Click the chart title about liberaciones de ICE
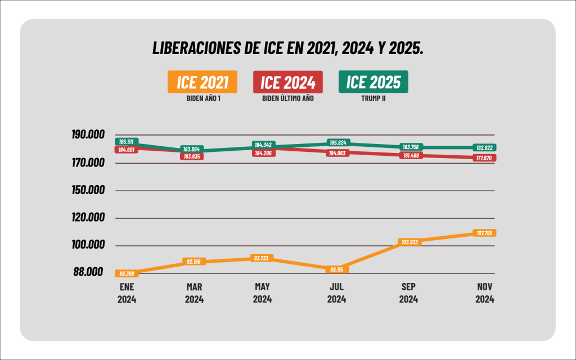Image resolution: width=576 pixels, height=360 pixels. tap(287, 48)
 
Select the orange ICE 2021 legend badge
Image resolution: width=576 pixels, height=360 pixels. tap(202, 82)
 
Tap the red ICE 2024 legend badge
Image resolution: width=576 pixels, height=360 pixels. tap(288, 82)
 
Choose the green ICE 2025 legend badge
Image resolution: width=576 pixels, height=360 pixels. tap(373, 82)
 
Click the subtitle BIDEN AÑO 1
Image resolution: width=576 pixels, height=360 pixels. tap(202, 97)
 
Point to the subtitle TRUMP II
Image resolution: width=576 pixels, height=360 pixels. tap(373, 97)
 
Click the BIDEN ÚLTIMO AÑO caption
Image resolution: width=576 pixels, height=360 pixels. tap(288, 97)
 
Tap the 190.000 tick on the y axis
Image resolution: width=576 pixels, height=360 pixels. tap(88, 135)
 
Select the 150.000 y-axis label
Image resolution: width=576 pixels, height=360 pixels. tap(88, 190)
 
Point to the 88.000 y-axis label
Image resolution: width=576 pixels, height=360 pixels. tap(88, 272)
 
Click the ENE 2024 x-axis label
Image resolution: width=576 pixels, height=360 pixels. tap(127, 293)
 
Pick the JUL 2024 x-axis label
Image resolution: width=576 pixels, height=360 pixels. tap(336, 293)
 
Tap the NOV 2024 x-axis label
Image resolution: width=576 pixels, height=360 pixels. tap(484, 293)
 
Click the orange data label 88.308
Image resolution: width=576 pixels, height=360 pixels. tap(127, 274)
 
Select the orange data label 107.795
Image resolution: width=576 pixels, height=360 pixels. tap(484, 233)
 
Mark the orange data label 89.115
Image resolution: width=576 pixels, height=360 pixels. tap(336, 269)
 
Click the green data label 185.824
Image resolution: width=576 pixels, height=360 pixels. tap(336, 143)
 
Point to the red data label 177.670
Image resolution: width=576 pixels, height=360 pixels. tap(484, 158)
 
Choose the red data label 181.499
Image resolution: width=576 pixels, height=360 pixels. tap(409, 155)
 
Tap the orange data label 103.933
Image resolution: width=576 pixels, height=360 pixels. tap(409, 242)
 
